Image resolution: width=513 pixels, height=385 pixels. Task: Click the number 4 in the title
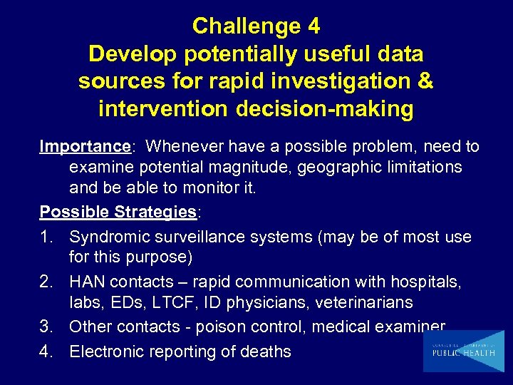click(312, 26)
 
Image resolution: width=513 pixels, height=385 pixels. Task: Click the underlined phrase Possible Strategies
click(118, 212)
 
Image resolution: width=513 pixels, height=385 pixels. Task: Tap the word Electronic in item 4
click(108, 351)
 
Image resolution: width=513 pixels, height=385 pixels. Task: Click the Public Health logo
click(462, 351)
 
